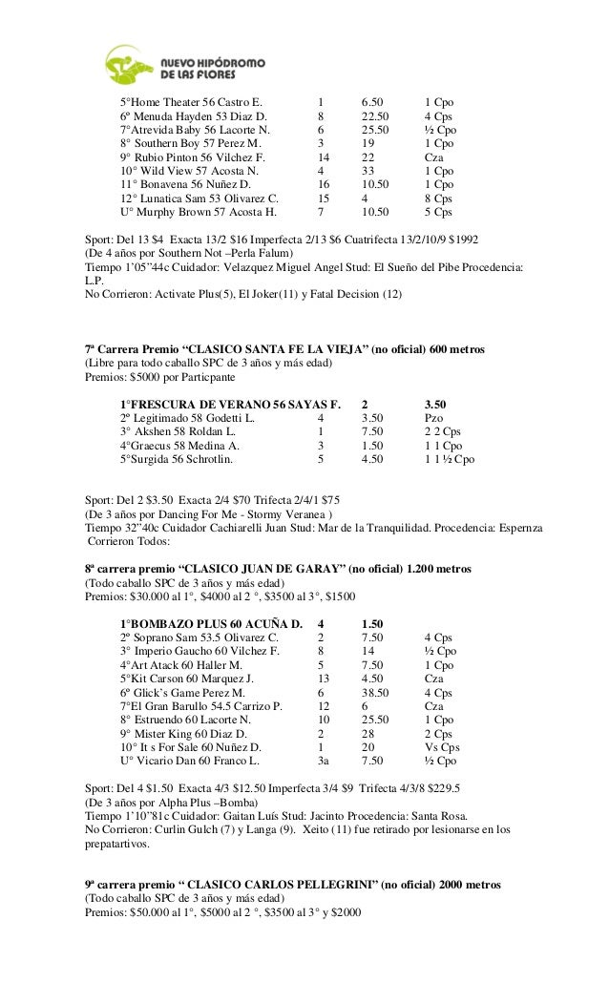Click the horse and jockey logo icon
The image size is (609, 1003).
pyautogui.click(x=128, y=64)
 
